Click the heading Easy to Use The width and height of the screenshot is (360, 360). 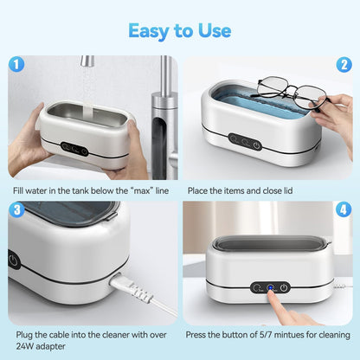point(180,31)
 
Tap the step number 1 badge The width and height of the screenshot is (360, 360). point(16,63)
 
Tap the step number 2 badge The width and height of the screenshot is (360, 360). point(344,63)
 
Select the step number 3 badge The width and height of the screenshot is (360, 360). point(16,209)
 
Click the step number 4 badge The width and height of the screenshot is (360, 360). point(344,209)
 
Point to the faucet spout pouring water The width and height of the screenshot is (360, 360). point(87,62)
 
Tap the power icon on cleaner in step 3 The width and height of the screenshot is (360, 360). point(14,260)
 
